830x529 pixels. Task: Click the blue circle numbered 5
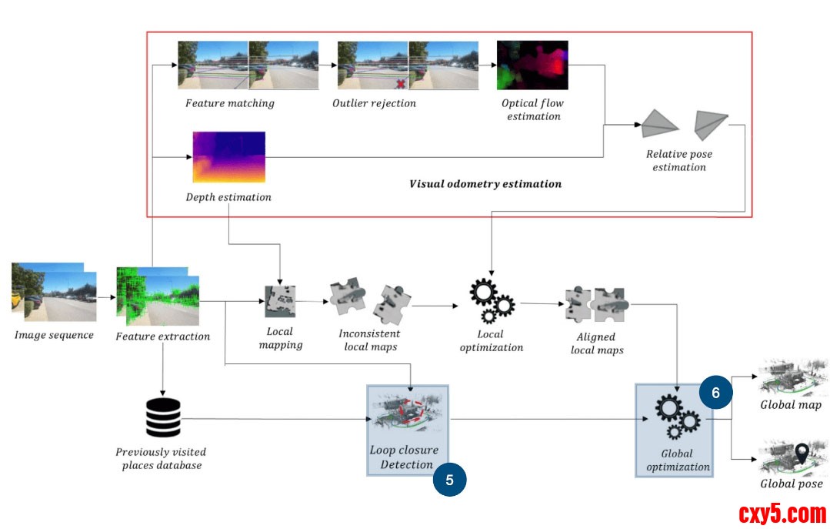click(x=449, y=479)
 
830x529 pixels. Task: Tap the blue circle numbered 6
click(x=715, y=393)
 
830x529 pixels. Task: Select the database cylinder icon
click(x=163, y=417)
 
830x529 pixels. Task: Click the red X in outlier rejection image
click(x=401, y=82)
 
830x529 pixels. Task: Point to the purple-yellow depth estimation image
click(x=228, y=157)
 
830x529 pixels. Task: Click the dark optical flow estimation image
click(x=532, y=65)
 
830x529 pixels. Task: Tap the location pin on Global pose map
click(x=802, y=454)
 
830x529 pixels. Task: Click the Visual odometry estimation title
click(x=485, y=184)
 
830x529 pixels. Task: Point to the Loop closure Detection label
click(x=404, y=457)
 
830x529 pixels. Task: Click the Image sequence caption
click(x=54, y=335)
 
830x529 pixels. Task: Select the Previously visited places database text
click(x=161, y=458)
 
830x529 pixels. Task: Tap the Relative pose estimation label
click(x=678, y=160)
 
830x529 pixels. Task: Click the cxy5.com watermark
click(x=782, y=513)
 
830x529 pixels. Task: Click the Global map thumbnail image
click(x=790, y=378)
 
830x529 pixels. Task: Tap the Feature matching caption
click(x=229, y=103)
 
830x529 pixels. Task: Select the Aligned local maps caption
click(x=597, y=343)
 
